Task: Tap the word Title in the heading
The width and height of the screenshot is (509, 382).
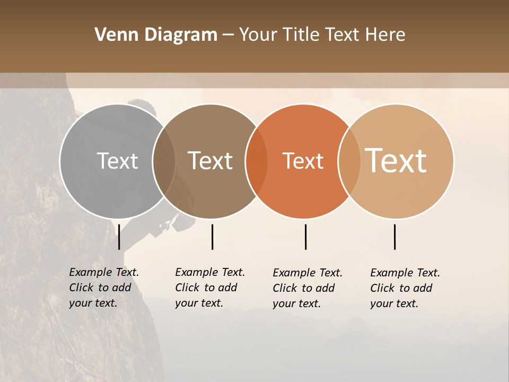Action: pyautogui.click(x=301, y=35)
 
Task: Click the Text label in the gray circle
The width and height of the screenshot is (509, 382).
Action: pyautogui.click(x=117, y=161)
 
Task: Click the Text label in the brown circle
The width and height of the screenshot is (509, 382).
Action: pyautogui.click(x=210, y=161)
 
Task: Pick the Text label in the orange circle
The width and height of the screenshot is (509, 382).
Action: pyautogui.click(x=303, y=161)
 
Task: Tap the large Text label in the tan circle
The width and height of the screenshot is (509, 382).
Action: pyautogui.click(x=396, y=161)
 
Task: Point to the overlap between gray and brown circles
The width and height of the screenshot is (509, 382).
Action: pyautogui.click(x=164, y=161)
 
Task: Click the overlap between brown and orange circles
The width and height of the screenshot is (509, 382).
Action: pyautogui.click(x=257, y=161)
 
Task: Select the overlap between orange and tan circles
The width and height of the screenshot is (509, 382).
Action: pyautogui.click(x=349, y=161)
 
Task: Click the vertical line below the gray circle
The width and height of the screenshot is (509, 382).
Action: pyautogui.click(x=119, y=237)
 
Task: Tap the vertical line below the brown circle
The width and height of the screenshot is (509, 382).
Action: pyautogui.click(x=212, y=237)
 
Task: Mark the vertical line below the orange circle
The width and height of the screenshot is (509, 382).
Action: pyautogui.click(x=305, y=237)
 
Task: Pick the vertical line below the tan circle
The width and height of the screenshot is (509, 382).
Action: pyautogui.click(x=394, y=237)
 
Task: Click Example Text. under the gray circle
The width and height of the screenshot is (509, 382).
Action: pyautogui.click(x=104, y=272)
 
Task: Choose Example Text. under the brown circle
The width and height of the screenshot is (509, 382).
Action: pyautogui.click(x=210, y=272)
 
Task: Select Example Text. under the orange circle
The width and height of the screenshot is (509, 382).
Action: pyautogui.click(x=308, y=273)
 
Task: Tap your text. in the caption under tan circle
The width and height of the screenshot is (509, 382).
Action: pyautogui.click(x=394, y=303)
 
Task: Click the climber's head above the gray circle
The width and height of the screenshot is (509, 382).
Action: pyautogui.click(x=142, y=106)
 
